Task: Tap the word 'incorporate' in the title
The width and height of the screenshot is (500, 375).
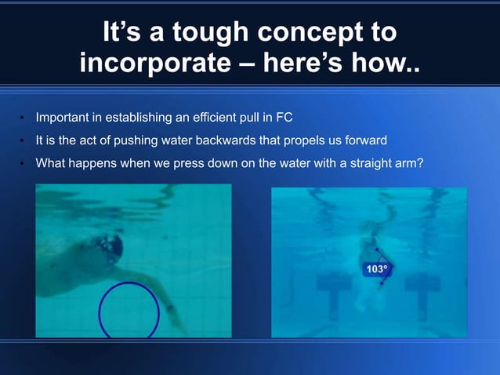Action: tap(157, 63)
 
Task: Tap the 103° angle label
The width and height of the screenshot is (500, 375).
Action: tap(377, 269)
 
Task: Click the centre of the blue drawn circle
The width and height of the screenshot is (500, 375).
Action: tap(129, 311)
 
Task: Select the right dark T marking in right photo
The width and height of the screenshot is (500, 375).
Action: tap(422, 284)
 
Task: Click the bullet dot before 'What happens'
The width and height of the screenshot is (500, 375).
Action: tap(23, 164)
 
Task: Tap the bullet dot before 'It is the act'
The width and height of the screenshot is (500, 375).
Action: tap(23, 142)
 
